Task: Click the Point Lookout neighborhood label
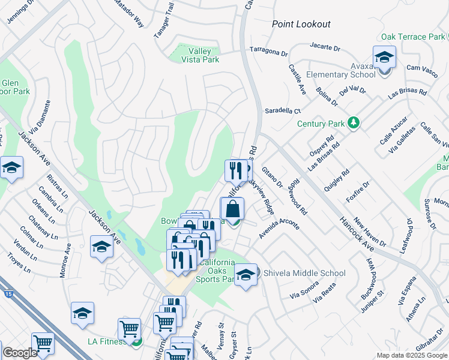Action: [301, 24]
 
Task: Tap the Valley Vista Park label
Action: [200, 55]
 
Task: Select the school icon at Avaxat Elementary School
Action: [384, 59]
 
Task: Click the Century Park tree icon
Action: [354, 124]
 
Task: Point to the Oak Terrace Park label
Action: [412, 37]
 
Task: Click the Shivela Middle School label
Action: [304, 273]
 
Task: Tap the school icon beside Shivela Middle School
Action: [246, 276]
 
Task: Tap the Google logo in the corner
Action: [20, 353]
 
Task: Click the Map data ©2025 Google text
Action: [411, 355]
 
